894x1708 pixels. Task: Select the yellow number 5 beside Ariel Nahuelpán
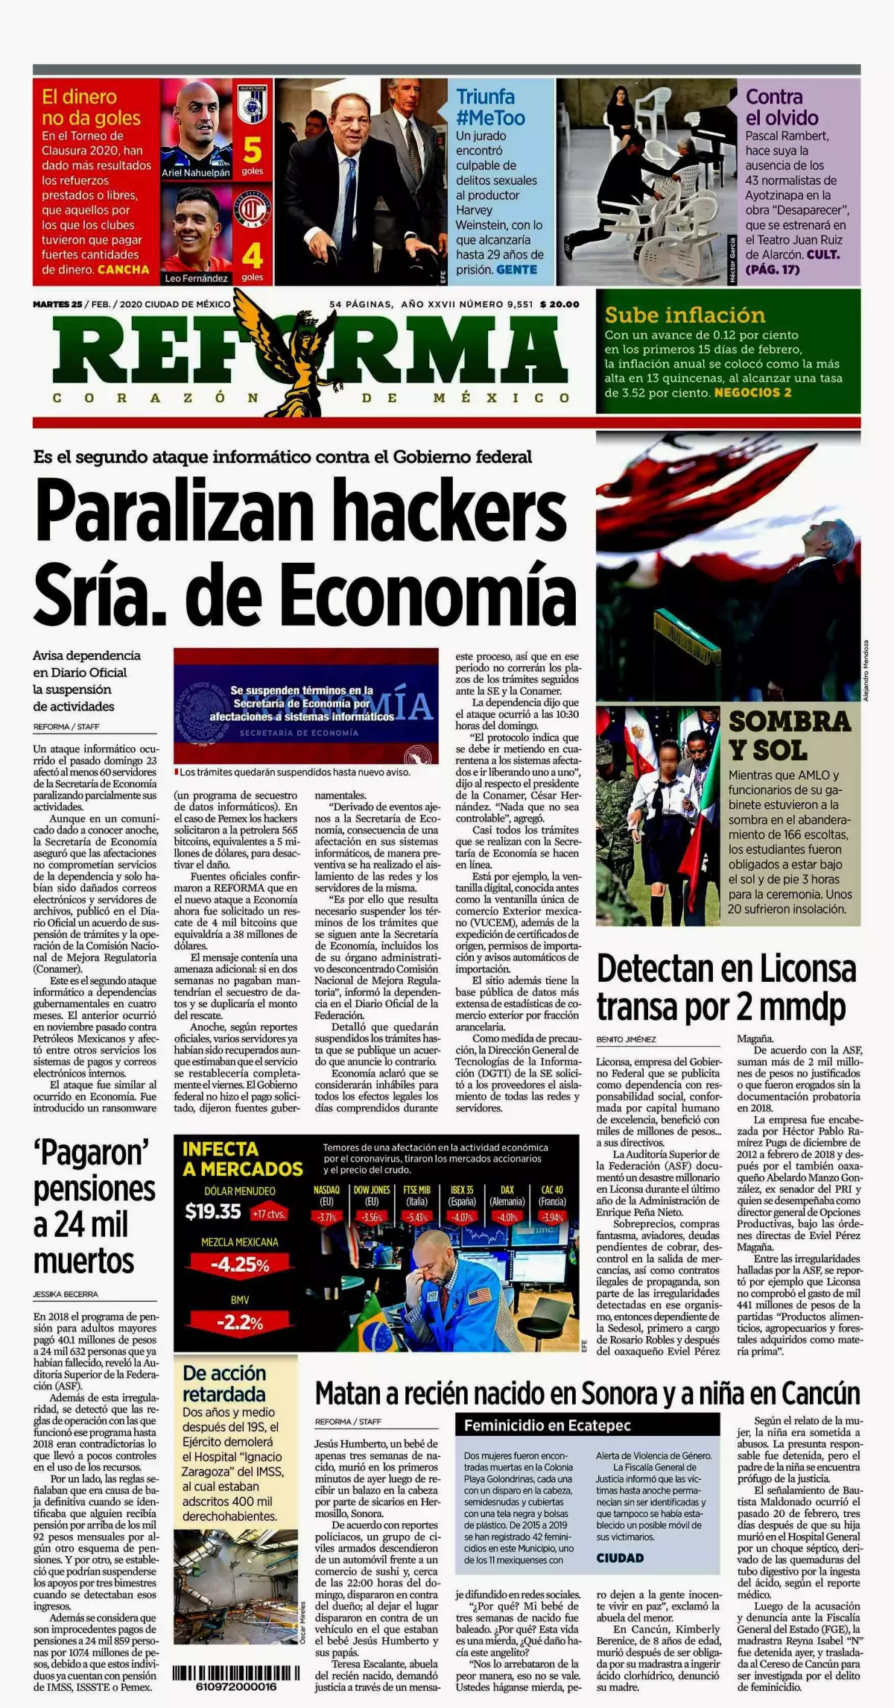[x=253, y=151]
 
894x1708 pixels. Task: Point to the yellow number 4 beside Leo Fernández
[x=253, y=256]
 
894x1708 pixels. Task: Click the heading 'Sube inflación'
[x=685, y=315]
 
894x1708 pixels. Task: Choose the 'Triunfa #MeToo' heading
[x=490, y=107]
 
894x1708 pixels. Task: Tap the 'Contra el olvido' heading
[x=782, y=107]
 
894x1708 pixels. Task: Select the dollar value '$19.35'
[x=213, y=1212]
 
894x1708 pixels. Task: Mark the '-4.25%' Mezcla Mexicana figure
[x=239, y=1265]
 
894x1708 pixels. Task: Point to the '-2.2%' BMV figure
[x=239, y=1323]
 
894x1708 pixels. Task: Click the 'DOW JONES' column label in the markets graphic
[x=371, y=1191]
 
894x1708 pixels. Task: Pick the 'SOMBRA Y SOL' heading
[x=789, y=735]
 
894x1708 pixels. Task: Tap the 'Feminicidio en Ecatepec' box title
[x=547, y=1425]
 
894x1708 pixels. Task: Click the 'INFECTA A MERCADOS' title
[x=242, y=1159]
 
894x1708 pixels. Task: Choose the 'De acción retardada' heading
[x=224, y=1384]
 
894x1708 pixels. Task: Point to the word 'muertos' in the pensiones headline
[x=83, y=1261]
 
